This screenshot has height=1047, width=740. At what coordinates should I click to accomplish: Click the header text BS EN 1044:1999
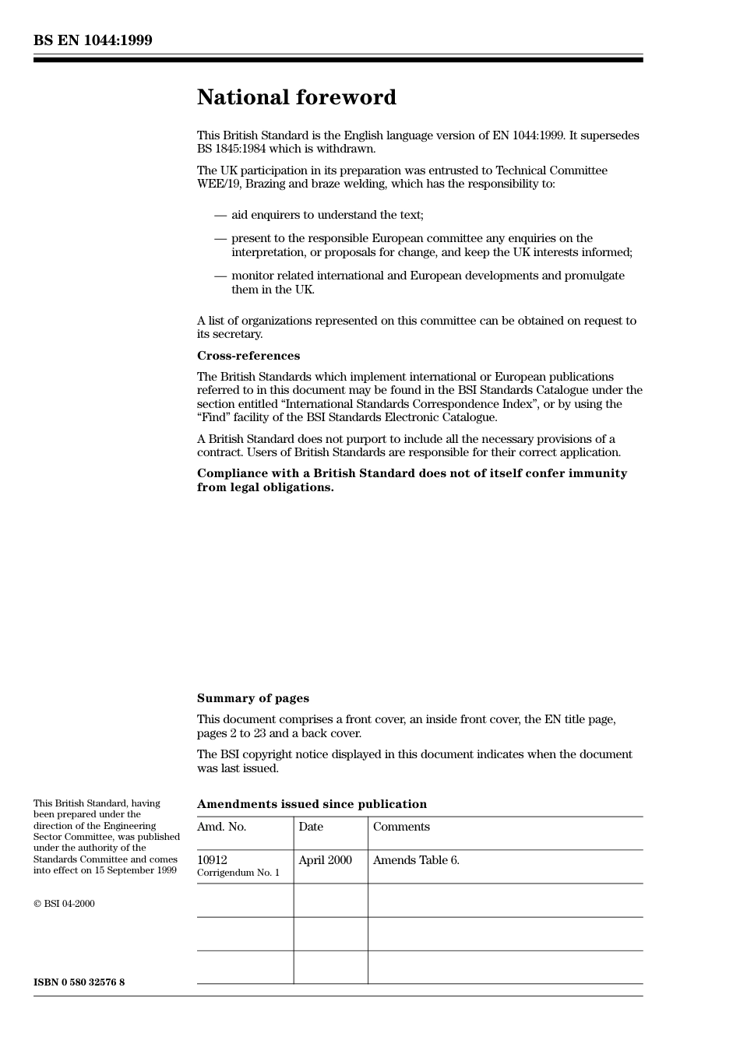click(x=93, y=40)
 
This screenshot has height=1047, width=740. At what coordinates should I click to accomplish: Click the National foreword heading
click(x=296, y=97)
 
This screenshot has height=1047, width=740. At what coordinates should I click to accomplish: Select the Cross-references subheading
click(x=248, y=356)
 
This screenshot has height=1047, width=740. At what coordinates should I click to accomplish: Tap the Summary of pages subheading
click(x=252, y=698)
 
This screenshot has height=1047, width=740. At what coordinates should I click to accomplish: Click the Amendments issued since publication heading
click(x=312, y=804)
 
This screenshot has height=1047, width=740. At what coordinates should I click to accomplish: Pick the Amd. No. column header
click(x=221, y=827)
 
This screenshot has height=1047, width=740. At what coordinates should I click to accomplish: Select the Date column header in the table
click(x=310, y=827)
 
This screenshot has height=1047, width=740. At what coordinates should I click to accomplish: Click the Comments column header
click(x=401, y=827)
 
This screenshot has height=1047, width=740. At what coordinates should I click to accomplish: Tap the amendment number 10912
click(x=212, y=860)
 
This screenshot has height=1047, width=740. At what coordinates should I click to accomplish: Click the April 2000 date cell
click(x=325, y=860)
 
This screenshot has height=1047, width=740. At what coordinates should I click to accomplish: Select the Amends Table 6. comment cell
click(x=416, y=860)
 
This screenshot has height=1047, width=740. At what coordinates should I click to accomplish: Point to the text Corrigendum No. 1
click(x=238, y=873)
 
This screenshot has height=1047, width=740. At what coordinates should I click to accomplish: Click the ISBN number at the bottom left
click(x=79, y=982)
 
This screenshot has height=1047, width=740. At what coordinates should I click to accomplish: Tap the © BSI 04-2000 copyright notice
click(x=64, y=904)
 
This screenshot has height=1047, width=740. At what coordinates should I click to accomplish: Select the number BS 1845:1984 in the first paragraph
click(x=231, y=149)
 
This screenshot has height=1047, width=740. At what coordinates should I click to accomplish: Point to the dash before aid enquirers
click(x=220, y=215)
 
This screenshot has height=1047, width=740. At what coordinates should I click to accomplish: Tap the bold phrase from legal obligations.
click(x=265, y=487)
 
